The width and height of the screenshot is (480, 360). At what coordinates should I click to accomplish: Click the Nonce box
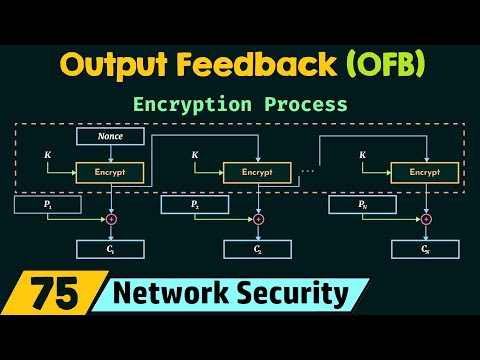pos(110,136)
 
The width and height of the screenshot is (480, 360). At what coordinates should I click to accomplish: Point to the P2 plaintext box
pos(194,205)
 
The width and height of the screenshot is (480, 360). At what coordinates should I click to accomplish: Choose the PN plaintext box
pos(362,205)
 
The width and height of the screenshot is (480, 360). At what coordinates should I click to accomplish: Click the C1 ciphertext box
pos(110,249)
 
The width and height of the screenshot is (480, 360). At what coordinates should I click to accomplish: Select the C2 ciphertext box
pos(257,249)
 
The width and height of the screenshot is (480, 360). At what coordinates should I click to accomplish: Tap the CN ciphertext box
pos(423,249)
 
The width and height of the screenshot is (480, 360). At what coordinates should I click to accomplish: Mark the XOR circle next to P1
pos(112,219)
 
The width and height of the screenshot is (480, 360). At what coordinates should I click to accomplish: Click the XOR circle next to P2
pos(258,219)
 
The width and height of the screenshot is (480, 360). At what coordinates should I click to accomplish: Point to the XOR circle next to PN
pos(424,219)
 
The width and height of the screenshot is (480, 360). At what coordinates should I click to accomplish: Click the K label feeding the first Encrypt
pos(48,155)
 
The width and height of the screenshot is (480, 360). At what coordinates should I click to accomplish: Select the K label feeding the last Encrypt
pos(362,155)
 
